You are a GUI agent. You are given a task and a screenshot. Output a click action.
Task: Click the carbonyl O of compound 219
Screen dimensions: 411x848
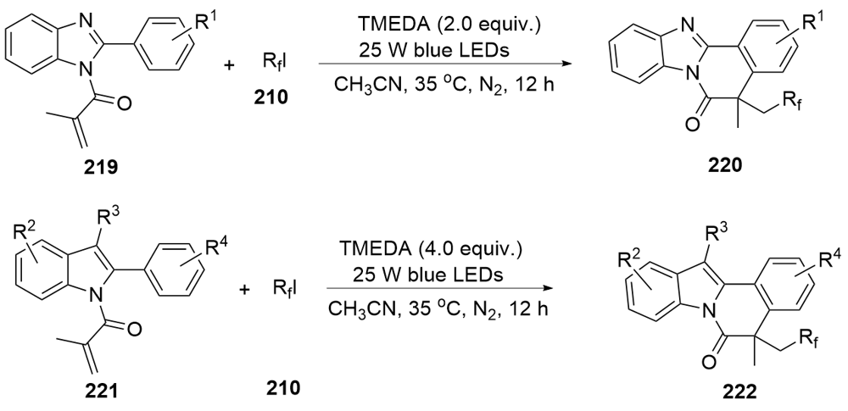click(124, 104)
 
